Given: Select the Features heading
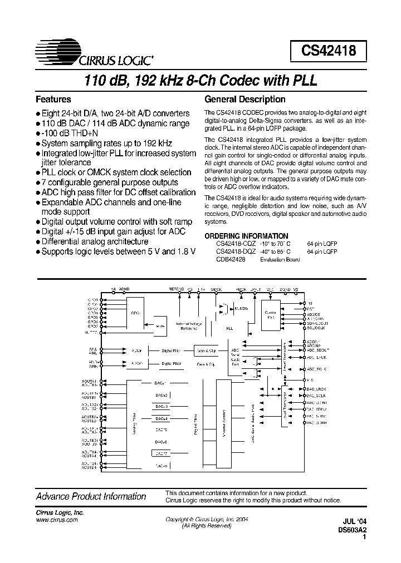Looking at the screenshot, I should click(53, 100).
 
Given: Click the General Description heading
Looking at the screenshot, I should click(245, 100).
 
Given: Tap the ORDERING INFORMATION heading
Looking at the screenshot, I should click(246, 236).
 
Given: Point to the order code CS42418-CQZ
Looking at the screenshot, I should click(236, 244).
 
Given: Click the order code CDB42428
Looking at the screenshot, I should click(231, 259).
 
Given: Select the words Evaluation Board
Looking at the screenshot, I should click(280, 259).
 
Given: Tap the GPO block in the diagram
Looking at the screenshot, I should click(135, 313).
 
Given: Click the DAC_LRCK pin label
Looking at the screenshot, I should click(316, 387).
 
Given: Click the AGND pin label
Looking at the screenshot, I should click(124, 289).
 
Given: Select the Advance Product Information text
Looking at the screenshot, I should click(91, 496).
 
